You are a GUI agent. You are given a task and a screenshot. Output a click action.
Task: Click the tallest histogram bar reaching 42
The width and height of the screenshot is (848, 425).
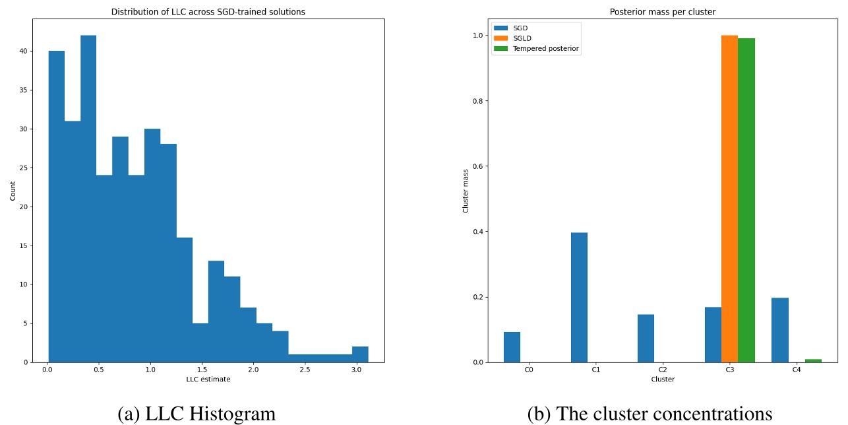pos(88,198)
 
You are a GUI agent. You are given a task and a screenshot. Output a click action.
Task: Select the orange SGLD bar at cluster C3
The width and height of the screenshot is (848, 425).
pos(729,198)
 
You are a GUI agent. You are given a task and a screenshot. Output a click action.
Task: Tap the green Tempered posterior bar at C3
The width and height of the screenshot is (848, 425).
pos(746,198)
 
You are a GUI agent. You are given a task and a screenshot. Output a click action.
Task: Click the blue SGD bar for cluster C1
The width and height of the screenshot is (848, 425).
pos(579,297)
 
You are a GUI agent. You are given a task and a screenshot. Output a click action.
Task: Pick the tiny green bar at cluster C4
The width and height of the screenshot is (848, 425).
pos(813,360)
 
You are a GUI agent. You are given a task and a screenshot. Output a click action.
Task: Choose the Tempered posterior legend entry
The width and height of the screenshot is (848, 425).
pos(546,49)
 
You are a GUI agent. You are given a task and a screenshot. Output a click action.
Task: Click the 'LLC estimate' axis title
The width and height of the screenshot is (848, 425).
pos(208,379)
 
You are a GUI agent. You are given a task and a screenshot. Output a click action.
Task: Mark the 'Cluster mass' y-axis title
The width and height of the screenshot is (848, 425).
pos(466,190)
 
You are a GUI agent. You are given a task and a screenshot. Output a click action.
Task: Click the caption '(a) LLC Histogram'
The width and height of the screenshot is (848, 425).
pos(196,414)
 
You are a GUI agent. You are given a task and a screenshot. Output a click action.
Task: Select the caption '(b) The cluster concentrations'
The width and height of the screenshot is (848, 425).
pos(650,414)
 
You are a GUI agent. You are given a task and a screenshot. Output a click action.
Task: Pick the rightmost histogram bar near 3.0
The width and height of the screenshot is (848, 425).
pos(360,354)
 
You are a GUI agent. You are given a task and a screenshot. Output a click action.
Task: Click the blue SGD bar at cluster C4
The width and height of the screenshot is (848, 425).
pos(780,330)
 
